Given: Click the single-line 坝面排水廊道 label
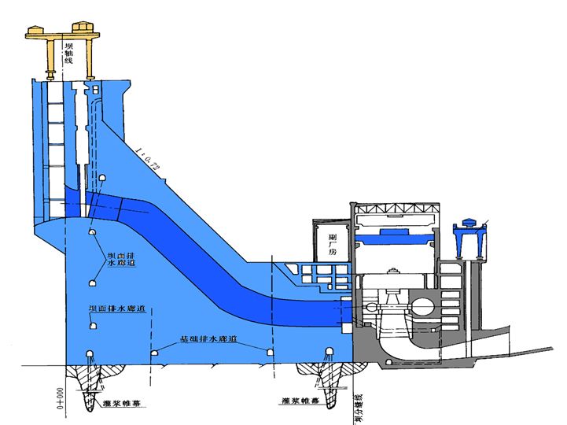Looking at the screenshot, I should point(117,309).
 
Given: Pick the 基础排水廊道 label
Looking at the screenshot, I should point(208,340).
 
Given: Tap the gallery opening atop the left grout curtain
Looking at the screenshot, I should point(92,353).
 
